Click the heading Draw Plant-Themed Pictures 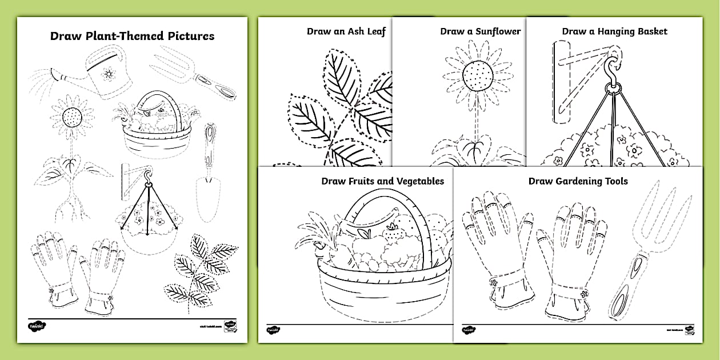click(132, 36)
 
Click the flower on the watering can click(109, 74)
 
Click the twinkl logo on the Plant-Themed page click(36, 326)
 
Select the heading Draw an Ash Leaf click(346, 31)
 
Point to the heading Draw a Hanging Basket click(614, 31)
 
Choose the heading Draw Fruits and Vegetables click(382, 181)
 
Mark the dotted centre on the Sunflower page click(475, 75)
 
